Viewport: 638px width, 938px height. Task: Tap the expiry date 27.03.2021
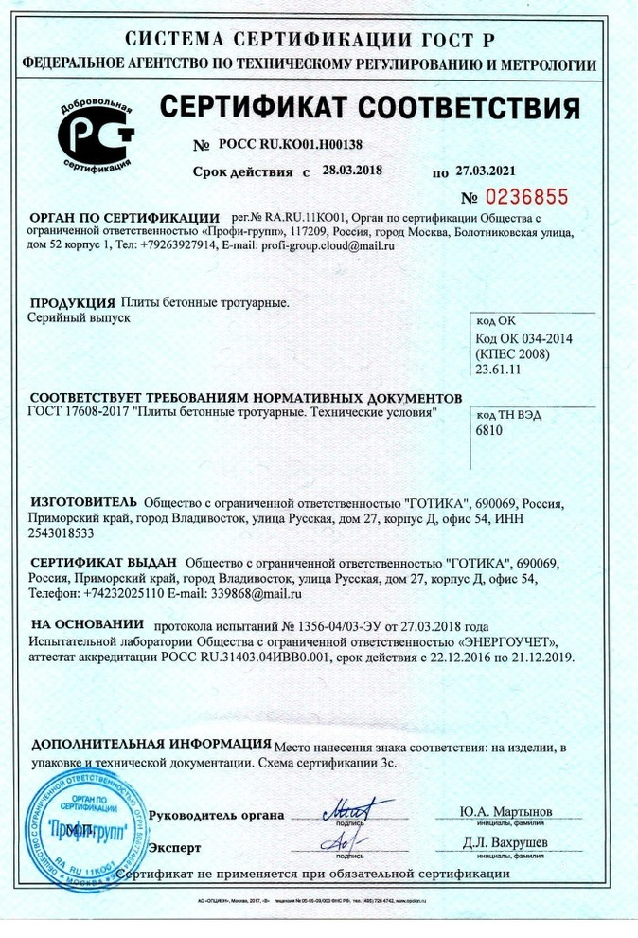488,171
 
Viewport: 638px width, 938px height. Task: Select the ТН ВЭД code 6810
489,429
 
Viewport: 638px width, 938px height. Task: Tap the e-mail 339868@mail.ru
257,594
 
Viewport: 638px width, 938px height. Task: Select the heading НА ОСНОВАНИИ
86,625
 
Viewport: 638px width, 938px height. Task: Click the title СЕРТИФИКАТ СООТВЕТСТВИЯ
370,107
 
